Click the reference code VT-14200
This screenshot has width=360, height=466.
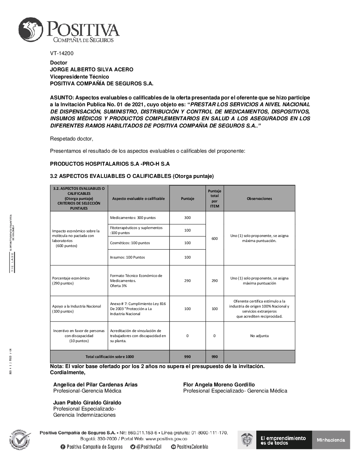(x=62, y=53)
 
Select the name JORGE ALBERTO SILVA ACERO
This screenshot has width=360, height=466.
(x=91, y=70)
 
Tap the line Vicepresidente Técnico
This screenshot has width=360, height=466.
(x=79, y=77)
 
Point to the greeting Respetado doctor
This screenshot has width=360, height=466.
(x=72, y=139)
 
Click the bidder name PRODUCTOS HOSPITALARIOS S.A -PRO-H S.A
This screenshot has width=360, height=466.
(x=110, y=164)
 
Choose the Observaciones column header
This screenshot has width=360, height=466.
(x=259, y=198)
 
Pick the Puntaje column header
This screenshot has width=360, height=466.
(x=187, y=198)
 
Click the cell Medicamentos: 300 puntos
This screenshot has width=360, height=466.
(x=133, y=218)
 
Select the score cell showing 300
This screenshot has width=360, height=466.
(x=187, y=218)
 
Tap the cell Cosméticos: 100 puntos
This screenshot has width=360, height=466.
(x=130, y=243)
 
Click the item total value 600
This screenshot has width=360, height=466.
(x=215, y=238)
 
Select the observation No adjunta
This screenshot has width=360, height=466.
(x=259, y=336)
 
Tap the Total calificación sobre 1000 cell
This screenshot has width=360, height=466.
(x=109, y=357)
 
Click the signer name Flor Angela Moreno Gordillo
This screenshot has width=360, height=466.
(x=219, y=385)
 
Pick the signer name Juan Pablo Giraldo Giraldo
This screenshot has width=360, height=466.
(x=87, y=403)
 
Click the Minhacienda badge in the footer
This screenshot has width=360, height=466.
(x=331, y=440)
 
